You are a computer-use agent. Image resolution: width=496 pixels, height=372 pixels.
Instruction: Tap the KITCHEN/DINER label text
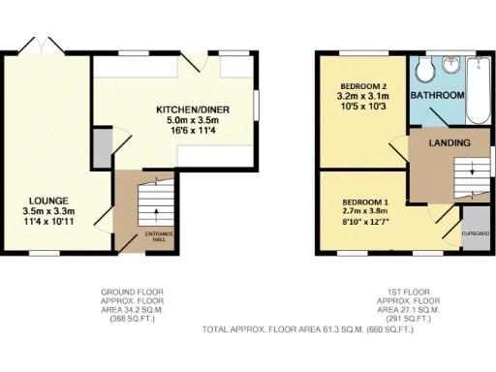[x=194, y=110]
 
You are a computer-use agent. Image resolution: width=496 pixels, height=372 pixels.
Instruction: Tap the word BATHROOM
[x=437, y=96]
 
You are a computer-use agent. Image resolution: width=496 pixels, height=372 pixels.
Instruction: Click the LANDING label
[x=449, y=143]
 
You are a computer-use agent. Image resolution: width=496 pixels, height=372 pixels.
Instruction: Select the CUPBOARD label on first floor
[x=476, y=232]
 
